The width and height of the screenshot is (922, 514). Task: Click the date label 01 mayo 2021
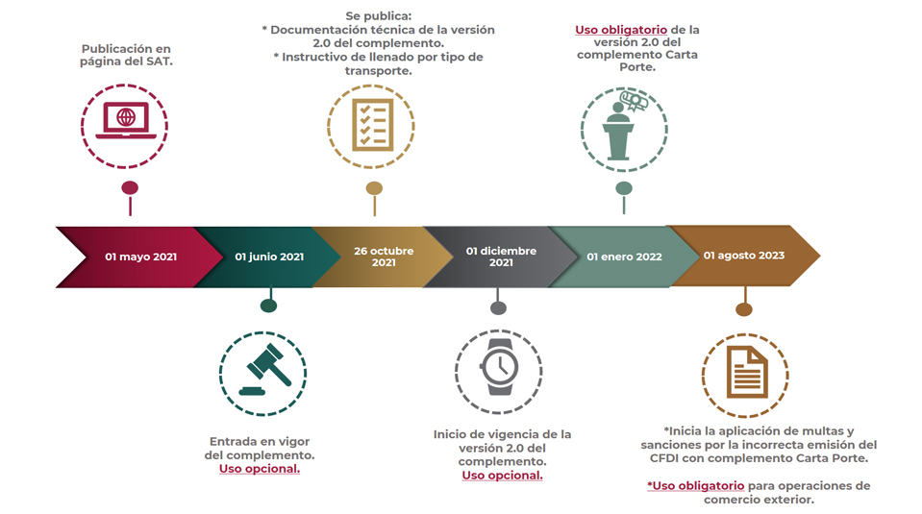[x=140, y=257]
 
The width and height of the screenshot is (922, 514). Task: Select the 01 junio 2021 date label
[x=269, y=257]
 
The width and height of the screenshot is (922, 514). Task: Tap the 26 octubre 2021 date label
[x=384, y=257]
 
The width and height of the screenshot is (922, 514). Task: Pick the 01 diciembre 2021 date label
[x=501, y=257]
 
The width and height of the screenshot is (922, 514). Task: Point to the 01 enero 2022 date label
[x=624, y=257]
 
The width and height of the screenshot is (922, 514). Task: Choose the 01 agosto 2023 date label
[x=744, y=256]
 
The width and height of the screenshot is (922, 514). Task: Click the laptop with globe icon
[x=125, y=120]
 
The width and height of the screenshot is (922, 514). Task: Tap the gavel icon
[x=265, y=370]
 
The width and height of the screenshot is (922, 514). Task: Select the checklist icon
[x=372, y=125]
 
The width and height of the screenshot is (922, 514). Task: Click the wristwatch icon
[x=499, y=367]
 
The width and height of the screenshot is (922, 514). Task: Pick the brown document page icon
[x=747, y=372]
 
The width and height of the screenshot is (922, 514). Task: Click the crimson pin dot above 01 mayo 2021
[x=130, y=188]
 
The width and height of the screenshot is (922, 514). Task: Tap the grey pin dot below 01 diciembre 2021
[x=498, y=307]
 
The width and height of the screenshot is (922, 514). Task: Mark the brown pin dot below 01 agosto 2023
[x=744, y=309]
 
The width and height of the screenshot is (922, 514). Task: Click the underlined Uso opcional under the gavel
[x=260, y=469]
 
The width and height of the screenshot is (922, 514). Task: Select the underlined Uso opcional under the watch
[x=502, y=476]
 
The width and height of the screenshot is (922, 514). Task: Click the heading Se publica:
[x=378, y=16]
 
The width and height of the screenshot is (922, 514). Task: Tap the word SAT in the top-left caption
[x=159, y=61]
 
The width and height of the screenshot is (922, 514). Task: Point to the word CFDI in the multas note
[x=664, y=458]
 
